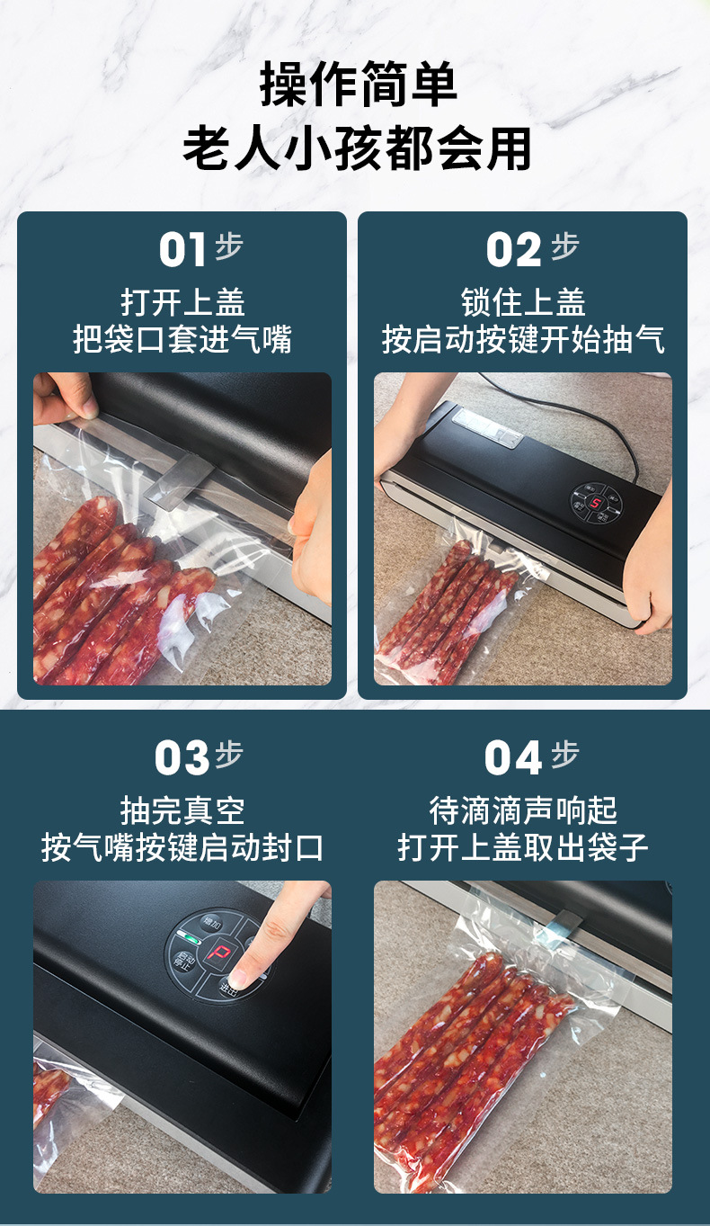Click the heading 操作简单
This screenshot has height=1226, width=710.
[358, 85]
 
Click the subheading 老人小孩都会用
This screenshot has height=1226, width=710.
[358, 148]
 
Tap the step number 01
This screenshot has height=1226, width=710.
[182, 251]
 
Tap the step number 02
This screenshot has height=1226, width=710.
[514, 251]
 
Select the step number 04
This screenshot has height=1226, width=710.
[512, 758]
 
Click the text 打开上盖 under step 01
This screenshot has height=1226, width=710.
[182, 301]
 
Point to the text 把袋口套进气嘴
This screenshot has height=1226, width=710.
[182, 340]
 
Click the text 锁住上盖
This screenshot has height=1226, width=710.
[523, 301]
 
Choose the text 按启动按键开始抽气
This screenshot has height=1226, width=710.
[523, 340]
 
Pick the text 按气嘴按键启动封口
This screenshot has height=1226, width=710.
[182, 847]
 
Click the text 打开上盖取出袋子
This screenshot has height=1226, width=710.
[523, 847]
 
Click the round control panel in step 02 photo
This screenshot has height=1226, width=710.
[594, 501]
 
